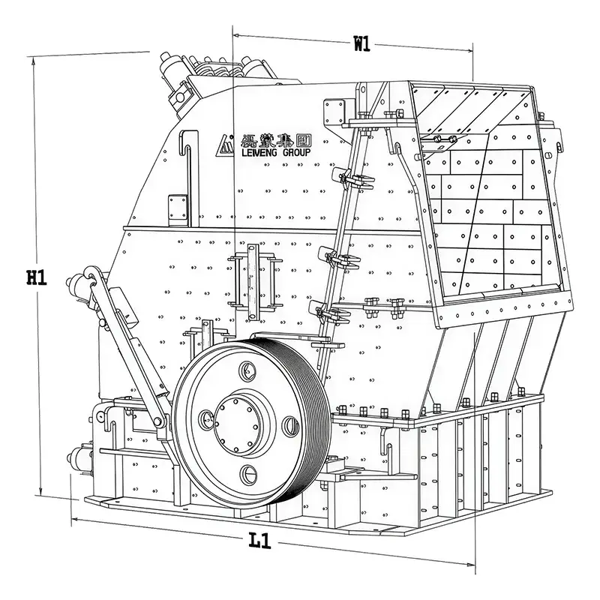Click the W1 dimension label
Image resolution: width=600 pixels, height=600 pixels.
pyautogui.click(x=362, y=43)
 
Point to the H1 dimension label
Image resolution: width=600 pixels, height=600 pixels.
pyautogui.click(x=37, y=277)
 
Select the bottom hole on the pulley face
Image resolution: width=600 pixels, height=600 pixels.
pyautogui.click(x=250, y=472)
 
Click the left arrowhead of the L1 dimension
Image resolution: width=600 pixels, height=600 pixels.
pyautogui.click(x=74, y=519)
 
